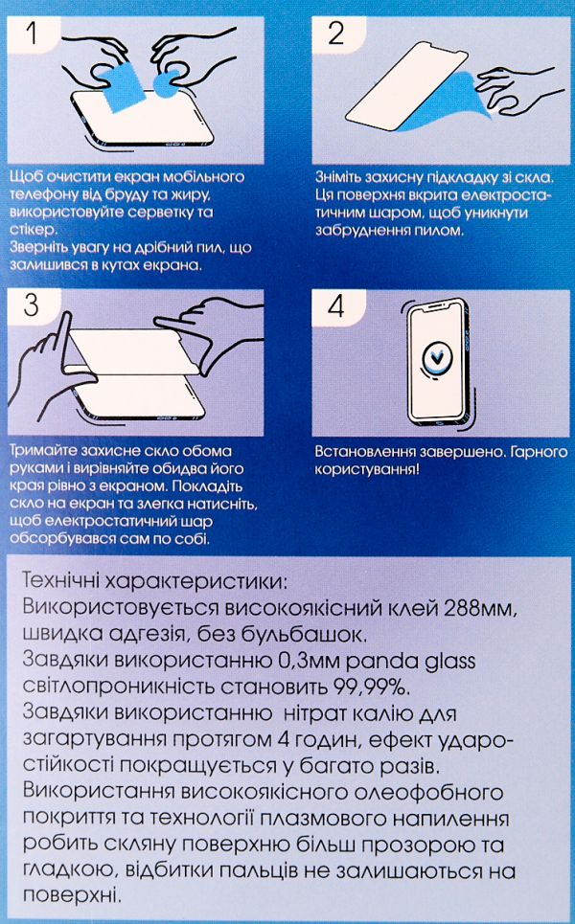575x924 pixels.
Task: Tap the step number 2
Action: tap(335, 34)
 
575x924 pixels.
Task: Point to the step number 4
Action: tap(335, 304)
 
